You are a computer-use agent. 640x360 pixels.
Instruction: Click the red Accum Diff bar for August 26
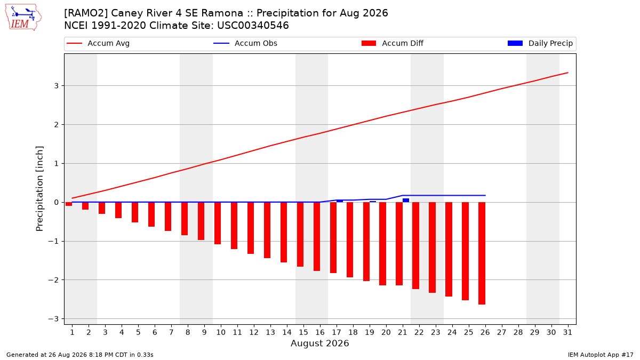[482, 253]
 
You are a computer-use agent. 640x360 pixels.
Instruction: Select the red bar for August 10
[218, 223]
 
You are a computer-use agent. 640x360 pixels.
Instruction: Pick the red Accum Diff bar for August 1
[69, 204]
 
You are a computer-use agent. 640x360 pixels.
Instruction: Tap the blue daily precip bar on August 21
[406, 201]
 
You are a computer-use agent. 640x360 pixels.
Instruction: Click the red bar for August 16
[317, 237]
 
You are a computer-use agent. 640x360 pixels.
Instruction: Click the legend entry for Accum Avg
[98, 43]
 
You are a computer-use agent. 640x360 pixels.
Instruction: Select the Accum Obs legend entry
[245, 43]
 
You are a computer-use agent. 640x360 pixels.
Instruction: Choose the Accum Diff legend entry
[393, 43]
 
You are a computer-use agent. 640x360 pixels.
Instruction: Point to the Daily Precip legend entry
[540, 43]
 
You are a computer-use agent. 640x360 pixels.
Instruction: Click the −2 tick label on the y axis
[53, 280]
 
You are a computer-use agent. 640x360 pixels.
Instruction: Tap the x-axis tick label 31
[567, 332]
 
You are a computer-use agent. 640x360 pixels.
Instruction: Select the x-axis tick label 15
[303, 332]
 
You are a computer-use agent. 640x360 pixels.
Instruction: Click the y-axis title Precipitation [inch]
[39, 189]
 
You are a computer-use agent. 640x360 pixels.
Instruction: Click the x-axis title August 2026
[319, 343]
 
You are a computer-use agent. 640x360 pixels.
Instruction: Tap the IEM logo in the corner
[23, 17]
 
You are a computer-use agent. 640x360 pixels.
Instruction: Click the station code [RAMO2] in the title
[86, 13]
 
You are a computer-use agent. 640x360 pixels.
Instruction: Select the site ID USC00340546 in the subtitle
[253, 26]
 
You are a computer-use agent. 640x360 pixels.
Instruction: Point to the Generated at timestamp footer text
[79, 355]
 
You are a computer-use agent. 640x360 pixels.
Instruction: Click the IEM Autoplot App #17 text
[601, 355]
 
